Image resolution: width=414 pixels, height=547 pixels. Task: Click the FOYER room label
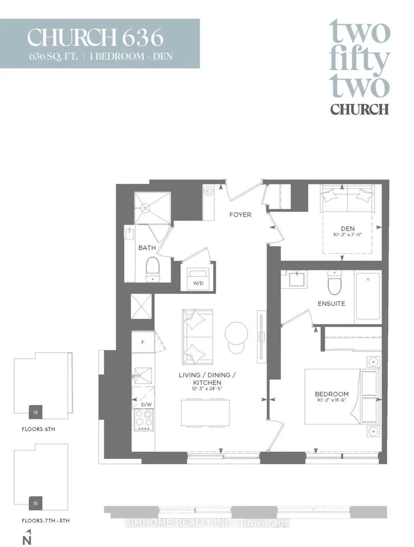pos(240,215)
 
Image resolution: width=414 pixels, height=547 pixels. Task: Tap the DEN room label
pos(347,229)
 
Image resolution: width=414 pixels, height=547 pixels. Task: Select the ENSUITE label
pos(331,303)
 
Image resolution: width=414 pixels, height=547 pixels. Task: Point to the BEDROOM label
pos(332,394)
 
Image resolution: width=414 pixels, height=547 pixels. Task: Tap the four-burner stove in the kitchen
pos(144,420)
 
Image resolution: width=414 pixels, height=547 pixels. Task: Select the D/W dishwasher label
pos(146,405)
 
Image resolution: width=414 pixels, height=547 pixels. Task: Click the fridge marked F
pos(143,342)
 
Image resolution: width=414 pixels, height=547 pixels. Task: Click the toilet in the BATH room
pos(153,270)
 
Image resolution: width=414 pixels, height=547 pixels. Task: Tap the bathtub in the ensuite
pos(368,296)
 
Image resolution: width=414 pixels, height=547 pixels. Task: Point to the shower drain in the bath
pos(146,207)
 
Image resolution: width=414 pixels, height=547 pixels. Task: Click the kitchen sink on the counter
pos(143,376)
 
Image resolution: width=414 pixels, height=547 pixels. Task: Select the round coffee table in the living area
pos(236,333)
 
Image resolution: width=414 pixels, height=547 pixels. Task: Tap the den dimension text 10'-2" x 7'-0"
pos(347,235)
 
